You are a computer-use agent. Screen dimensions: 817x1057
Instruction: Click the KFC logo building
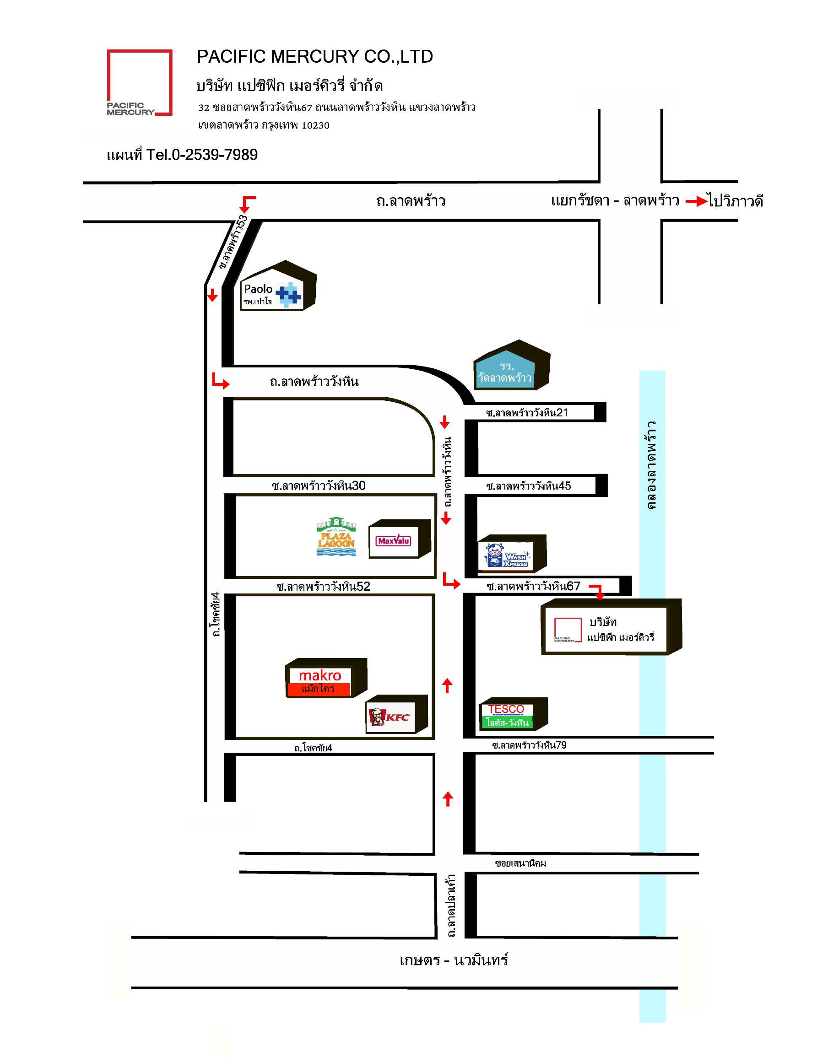(x=396, y=714)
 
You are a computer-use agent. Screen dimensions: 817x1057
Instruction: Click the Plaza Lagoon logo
(x=336, y=536)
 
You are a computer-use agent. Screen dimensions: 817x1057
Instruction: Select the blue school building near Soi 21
(x=512, y=366)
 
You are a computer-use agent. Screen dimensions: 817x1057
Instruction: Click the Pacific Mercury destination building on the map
(x=611, y=627)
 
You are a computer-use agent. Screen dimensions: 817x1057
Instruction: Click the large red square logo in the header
(x=140, y=82)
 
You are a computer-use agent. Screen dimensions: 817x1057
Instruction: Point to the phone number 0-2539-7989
(x=214, y=154)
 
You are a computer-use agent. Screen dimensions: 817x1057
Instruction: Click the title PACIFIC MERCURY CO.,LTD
(x=314, y=57)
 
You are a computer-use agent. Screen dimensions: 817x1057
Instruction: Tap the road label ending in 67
(x=533, y=586)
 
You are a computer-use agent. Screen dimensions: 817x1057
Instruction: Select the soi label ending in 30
(x=319, y=485)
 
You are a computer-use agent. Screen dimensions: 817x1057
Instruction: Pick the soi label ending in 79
(x=529, y=745)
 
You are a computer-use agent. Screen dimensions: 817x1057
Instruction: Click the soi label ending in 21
(x=527, y=412)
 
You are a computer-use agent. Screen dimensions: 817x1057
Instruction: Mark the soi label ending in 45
(x=529, y=485)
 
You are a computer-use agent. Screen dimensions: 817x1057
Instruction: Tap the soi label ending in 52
(x=323, y=587)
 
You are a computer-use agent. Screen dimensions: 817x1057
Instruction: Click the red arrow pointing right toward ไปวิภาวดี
(x=696, y=201)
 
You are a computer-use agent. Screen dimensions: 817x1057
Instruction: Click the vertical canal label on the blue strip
(x=651, y=464)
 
